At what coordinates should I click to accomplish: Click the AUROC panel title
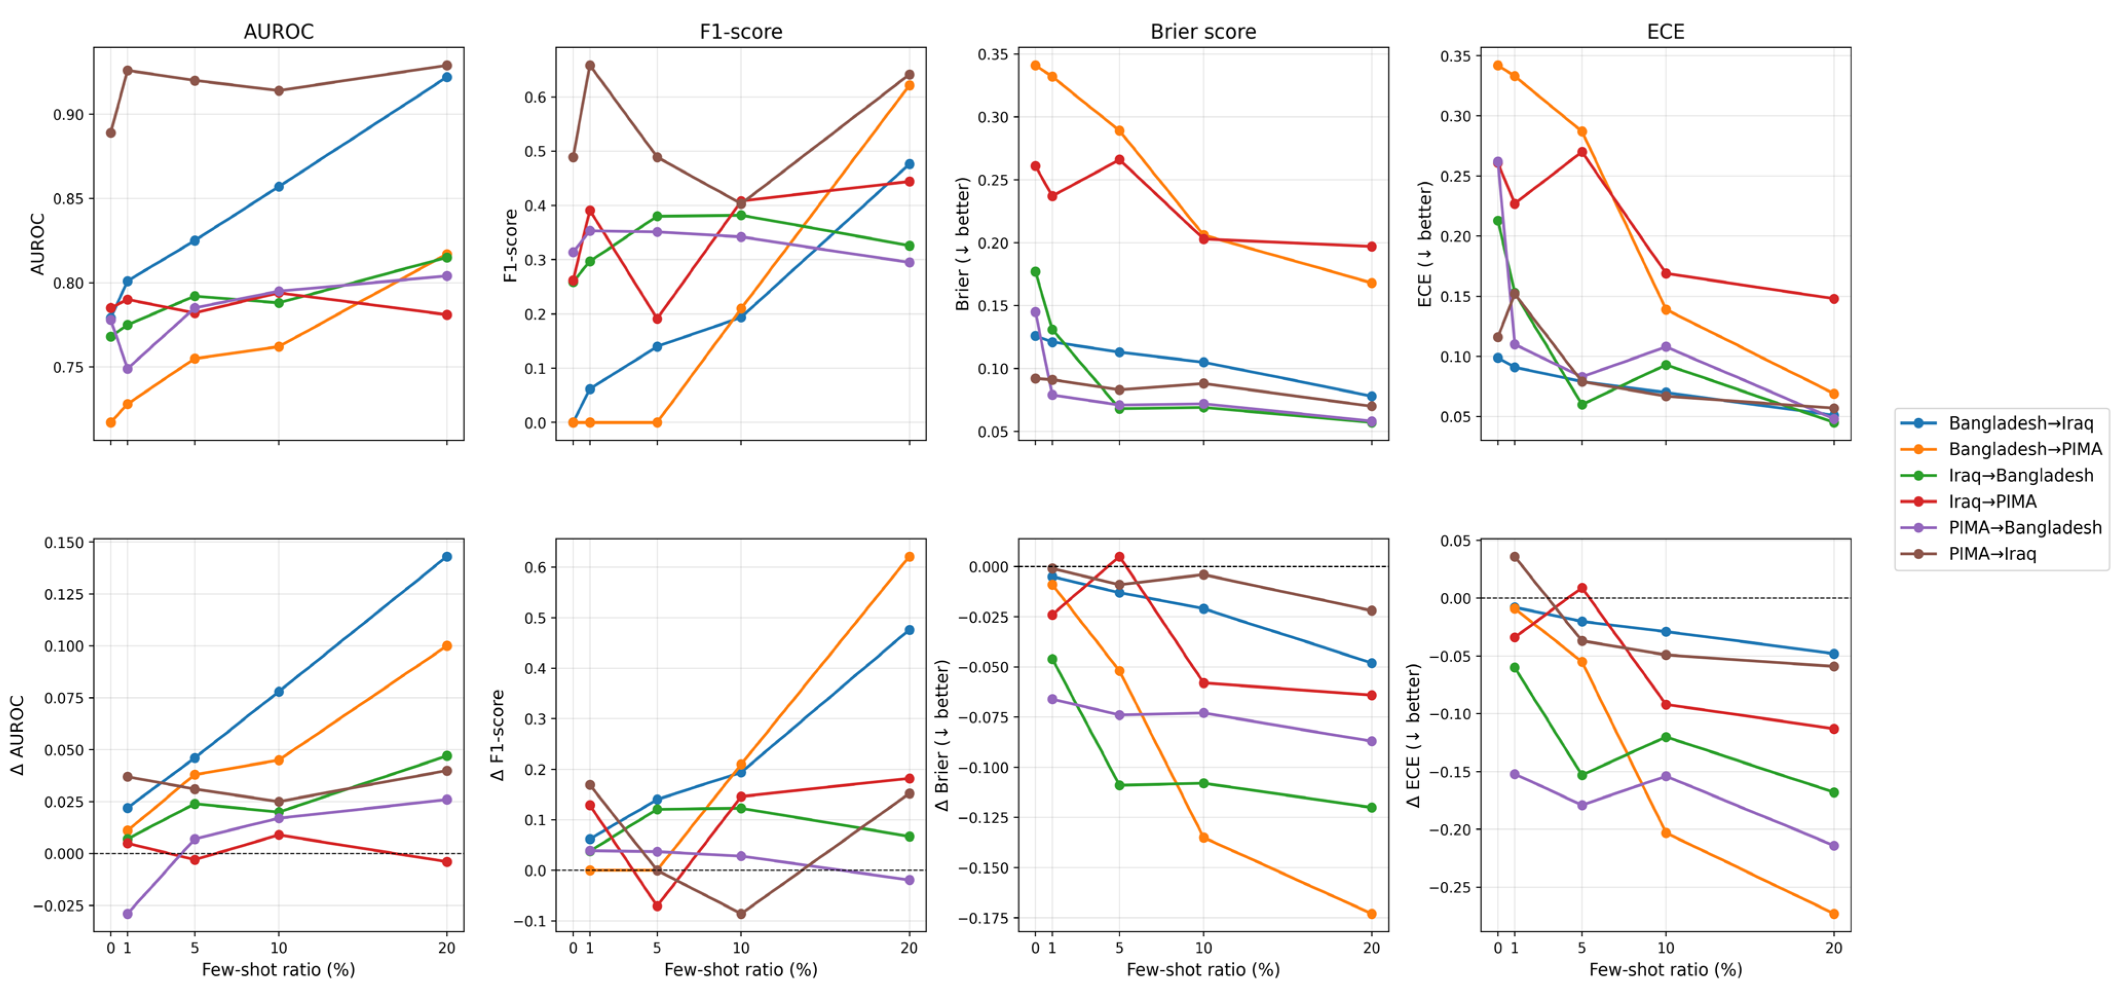(278, 31)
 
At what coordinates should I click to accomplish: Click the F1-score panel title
(741, 31)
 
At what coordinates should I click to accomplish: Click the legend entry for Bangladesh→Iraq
(2020, 423)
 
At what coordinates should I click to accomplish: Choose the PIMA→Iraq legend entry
(1992, 554)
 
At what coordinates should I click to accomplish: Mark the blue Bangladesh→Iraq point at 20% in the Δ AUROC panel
(446, 557)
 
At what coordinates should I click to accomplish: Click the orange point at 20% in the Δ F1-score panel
(909, 557)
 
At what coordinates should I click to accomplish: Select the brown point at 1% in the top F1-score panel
(590, 65)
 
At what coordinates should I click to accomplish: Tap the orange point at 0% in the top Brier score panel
(1036, 65)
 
